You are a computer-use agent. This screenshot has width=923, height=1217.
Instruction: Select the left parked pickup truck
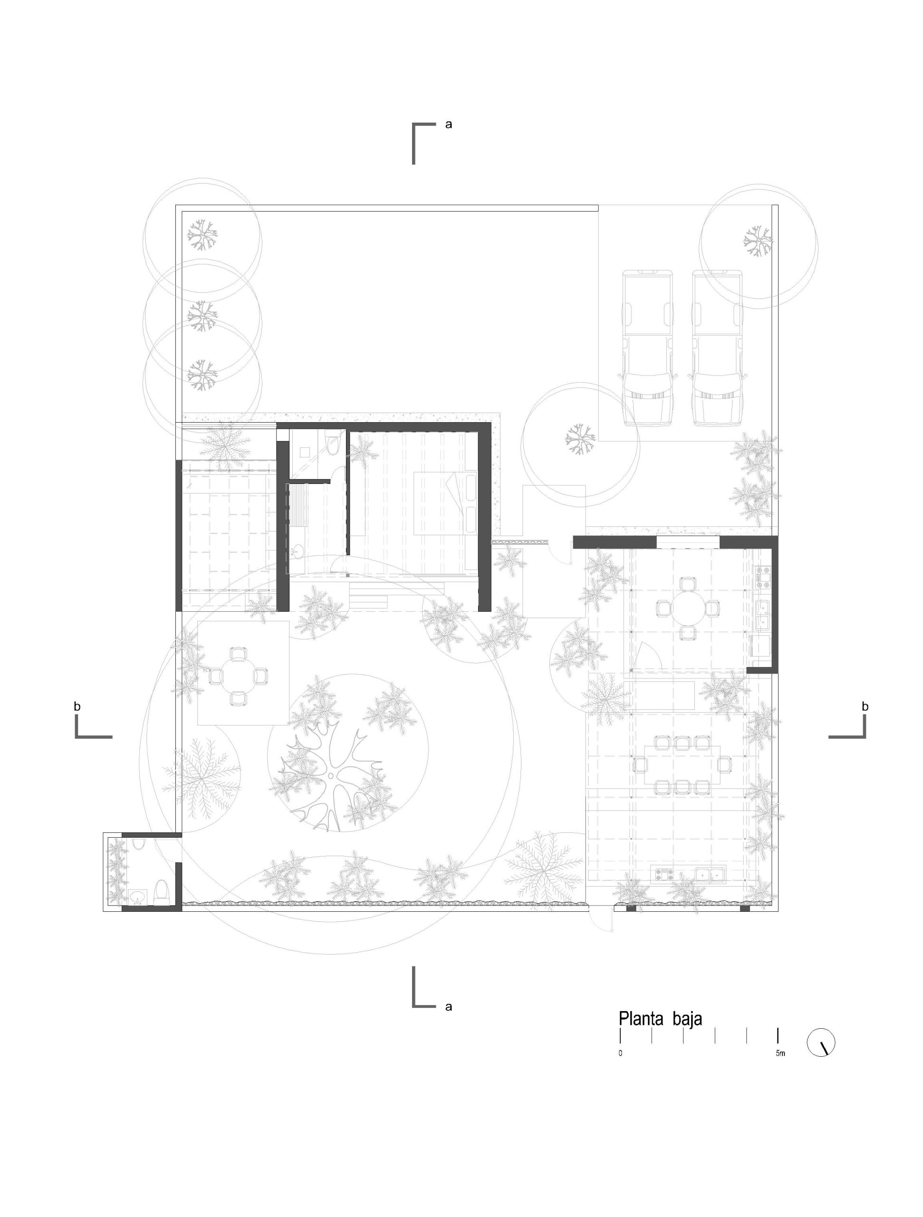pos(647,348)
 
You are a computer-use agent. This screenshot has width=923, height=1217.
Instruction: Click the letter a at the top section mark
pos(449,125)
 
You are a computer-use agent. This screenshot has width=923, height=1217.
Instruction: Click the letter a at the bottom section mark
pos(449,1007)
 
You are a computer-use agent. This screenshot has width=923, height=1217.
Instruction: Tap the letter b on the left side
pos(77,706)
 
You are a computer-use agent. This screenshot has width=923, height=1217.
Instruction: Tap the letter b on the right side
pos(865,706)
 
